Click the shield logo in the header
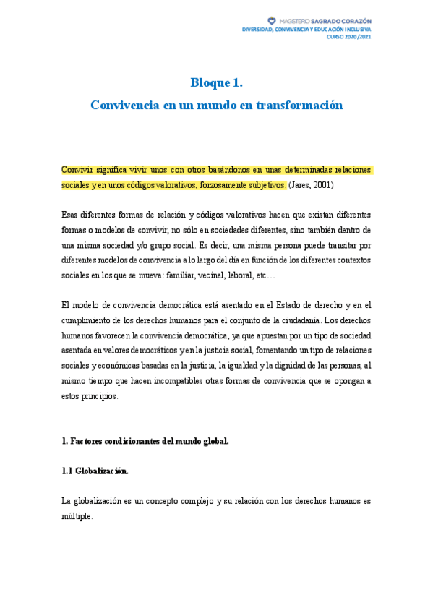[272, 21]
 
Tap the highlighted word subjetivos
[266, 184]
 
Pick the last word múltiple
[77, 516]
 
